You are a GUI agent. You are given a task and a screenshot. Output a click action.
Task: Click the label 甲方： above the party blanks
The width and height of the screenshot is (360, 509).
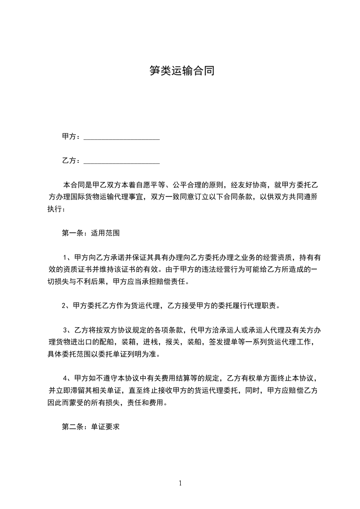[71, 137]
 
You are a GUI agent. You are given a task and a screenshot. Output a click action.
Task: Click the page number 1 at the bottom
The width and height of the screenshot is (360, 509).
[180, 483]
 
